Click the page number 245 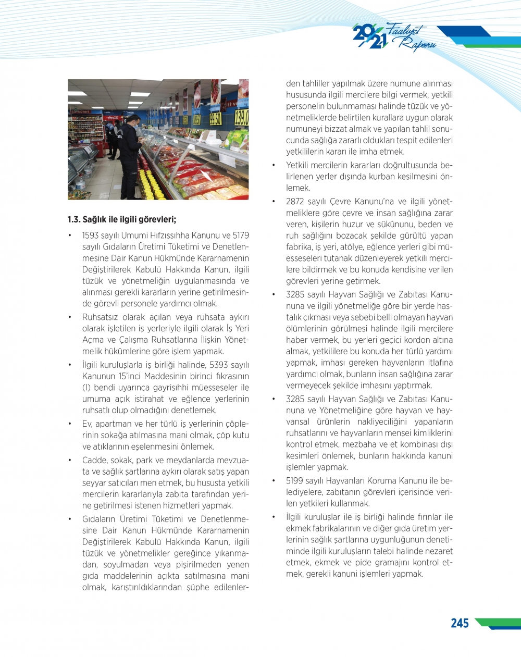tap(460, 623)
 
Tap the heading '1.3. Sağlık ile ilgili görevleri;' tap(122, 219)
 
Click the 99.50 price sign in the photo tap(215, 119)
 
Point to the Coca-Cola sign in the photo tap(110, 118)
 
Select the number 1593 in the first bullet tap(90, 235)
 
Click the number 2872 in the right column tap(295, 202)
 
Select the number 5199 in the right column tap(295, 480)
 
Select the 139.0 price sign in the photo tap(241, 117)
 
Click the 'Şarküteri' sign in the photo tap(81, 111)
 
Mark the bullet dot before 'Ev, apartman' tap(70, 424)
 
